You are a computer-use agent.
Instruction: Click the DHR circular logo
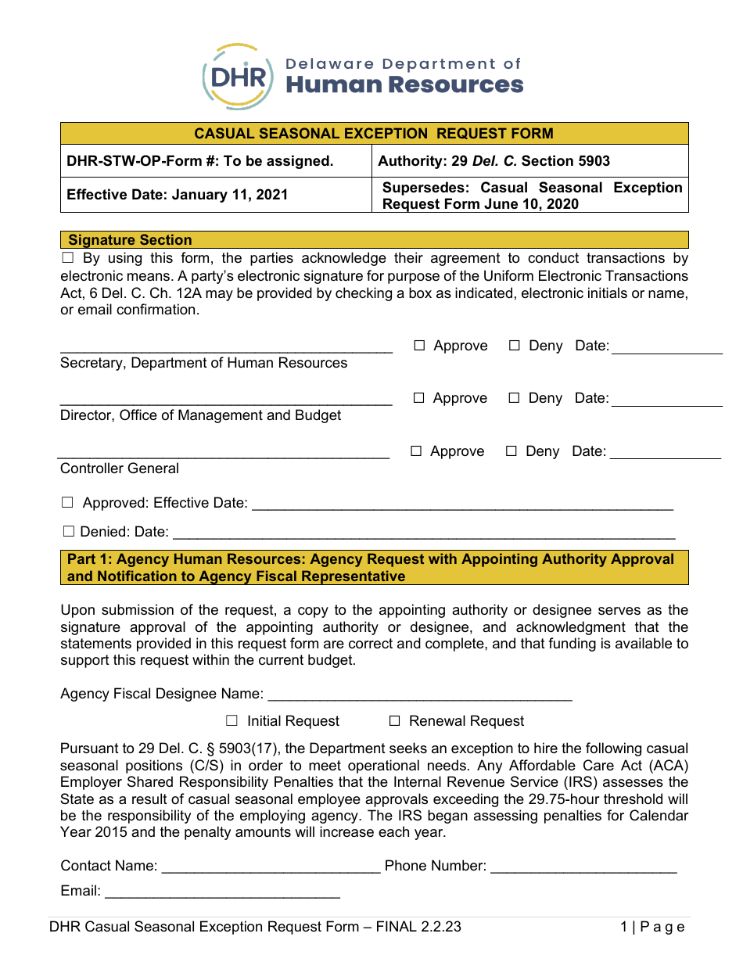click(239, 77)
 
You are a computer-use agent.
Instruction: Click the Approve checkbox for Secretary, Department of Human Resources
click(419, 346)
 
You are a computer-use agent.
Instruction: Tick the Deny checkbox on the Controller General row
click(511, 451)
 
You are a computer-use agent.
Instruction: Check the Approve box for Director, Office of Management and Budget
click(419, 398)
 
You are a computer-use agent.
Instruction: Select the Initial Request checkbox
click(232, 720)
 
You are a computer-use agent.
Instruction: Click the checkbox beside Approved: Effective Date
click(68, 503)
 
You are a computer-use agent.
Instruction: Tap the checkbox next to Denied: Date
click(68, 532)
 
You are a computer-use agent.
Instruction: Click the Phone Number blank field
click(583, 866)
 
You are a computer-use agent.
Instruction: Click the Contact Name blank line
click(270, 866)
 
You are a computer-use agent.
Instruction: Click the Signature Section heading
click(130, 240)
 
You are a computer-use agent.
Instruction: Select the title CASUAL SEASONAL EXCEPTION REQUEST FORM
click(374, 134)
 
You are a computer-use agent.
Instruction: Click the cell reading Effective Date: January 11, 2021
click(178, 195)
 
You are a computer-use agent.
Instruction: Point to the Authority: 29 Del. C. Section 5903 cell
click(494, 161)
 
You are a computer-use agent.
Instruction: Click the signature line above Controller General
click(224, 453)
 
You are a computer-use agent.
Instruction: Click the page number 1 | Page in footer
click(651, 927)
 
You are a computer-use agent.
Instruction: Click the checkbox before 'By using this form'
click(67, 258)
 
